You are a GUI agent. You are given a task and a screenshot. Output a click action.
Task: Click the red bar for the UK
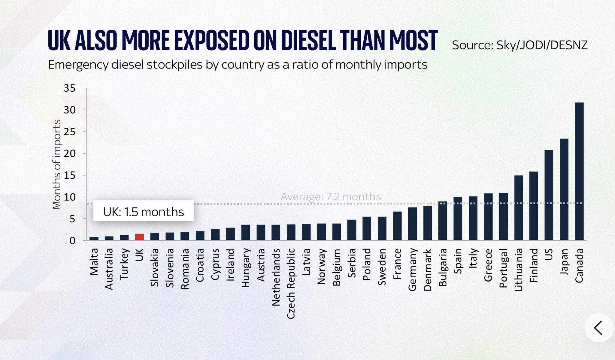point(139,237)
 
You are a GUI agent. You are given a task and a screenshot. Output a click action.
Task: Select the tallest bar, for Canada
point(579,171)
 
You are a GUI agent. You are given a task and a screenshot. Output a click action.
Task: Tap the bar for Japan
point(564,189)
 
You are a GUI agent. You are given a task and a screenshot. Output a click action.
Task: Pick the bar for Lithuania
point(519,208)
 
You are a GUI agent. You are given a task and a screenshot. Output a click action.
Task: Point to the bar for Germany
point(412,224)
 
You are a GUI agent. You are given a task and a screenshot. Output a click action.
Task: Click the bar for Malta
point(94,239)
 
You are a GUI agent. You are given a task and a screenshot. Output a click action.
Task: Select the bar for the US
point(549,195)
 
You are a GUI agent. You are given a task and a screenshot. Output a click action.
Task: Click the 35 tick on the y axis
point(69,88)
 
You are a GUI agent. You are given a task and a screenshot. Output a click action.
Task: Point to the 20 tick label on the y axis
point(69,154)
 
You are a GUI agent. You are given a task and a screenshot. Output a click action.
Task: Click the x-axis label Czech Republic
point(291,284)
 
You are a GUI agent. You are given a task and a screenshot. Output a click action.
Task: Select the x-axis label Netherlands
point(276,277)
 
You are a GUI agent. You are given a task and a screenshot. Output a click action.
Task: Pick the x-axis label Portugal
point(503,268)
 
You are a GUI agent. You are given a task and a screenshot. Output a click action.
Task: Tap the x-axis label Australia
point(109,269)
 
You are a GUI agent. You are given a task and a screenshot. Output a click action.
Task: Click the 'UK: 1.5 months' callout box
point(143,212)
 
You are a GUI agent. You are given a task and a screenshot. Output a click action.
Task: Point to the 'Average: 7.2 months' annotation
point(331,197)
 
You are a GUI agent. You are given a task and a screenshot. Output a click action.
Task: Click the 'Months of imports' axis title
point(56,164)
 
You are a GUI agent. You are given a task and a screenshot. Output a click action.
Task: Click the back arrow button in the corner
point(598,328)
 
